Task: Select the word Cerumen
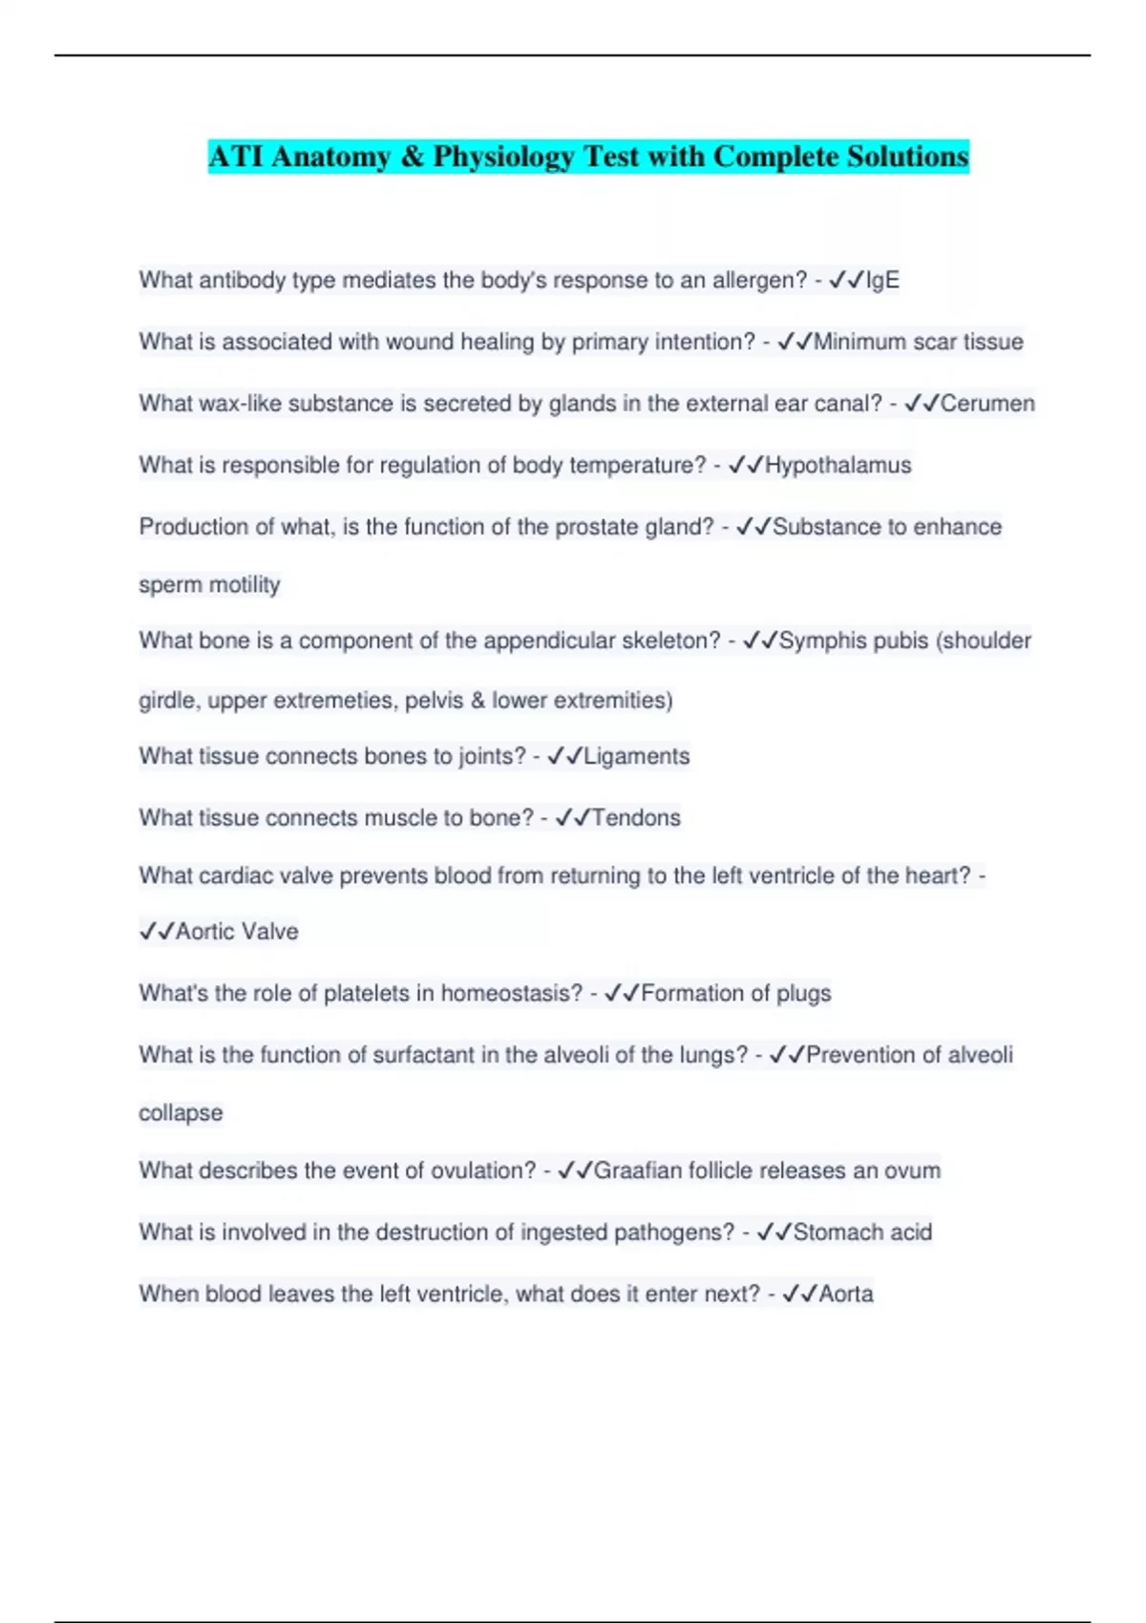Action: click(987, 403)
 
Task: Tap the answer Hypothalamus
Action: click(838, 465)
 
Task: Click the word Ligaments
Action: click(636, 756)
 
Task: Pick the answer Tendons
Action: click(636, 817)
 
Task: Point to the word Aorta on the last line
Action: click(846, 1294)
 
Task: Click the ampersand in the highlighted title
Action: click(412, 157)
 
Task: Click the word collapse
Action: click(180, 1113)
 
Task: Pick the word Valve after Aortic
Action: click(268, 932)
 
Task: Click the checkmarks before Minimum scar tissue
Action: click(795, 342)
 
